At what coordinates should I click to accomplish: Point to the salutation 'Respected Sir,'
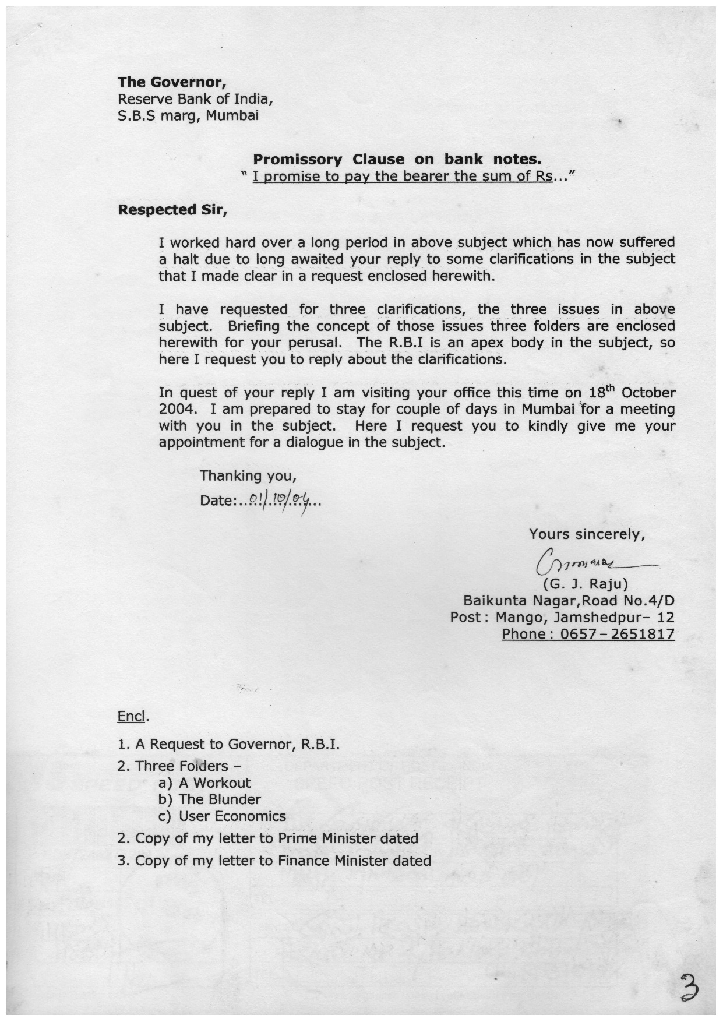[172, 209]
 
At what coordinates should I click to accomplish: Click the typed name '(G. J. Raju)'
[585, 583]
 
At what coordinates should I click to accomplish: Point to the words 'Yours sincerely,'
[587, 534]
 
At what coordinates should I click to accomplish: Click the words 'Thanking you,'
[248, 475]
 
